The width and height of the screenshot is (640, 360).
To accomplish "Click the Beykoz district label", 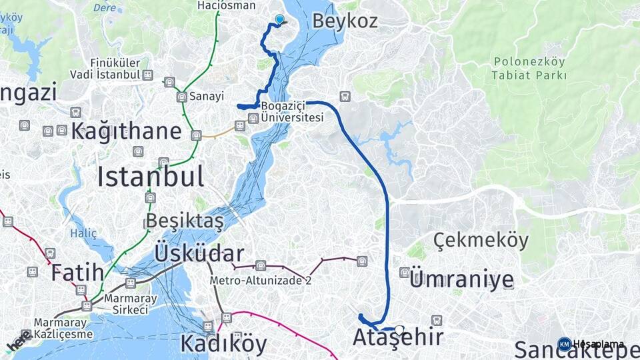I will (x=345, y=21).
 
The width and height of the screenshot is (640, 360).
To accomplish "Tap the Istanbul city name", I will (x=151, y=177).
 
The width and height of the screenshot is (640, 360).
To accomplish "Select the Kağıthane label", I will (x=126, y=130).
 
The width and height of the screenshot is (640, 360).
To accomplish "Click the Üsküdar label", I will (x=199, y=253).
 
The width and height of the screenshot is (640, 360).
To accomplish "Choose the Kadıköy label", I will (x=223, y=344).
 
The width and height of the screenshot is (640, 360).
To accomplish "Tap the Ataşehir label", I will (x=398, y=337).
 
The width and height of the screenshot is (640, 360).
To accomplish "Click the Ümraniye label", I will (x=461, y=279).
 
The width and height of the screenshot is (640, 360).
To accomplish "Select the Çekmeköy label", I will (x=481, y=240).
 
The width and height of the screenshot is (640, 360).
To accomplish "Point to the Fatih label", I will (x=77, y=272).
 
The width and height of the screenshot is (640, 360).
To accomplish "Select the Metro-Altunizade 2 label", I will (x=261, y=281).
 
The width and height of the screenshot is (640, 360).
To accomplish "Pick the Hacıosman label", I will (x=226, y=5).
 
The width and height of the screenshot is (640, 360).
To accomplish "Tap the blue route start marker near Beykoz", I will (x=279, y=20).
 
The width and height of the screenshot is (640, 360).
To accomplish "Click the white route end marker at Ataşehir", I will (x=399, y=329).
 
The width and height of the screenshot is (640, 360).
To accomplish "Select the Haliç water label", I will (x=83, y=233).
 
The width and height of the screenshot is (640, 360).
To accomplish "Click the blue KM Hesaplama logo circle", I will (x=565, y=344).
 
